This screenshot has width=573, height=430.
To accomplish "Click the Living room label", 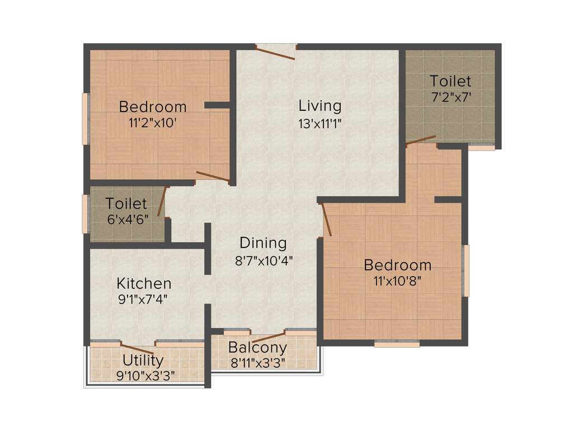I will [x=320, y=105].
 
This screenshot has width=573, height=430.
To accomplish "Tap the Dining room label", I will [x=263, y=243].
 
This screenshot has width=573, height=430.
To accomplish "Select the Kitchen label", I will [x=144, y=283].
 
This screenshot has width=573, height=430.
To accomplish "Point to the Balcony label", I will [x=257, y=348].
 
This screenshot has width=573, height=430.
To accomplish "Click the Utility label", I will [x=143, y=360].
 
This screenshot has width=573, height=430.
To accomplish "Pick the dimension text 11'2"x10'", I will [x=153, y=123].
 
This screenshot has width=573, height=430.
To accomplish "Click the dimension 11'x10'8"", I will [x=397, y=281].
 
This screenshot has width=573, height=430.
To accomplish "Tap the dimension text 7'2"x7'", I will [x=450, y=96].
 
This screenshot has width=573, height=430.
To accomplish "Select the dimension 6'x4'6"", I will [x=126, y=219].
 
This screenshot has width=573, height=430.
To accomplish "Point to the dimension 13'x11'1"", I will [x=320, y=123].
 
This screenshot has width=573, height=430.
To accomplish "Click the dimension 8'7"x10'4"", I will [x=263, y=260].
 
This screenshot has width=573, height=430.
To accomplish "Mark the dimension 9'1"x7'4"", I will [x=144, y=300].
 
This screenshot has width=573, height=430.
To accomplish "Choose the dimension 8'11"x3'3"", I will [x=257, y=363].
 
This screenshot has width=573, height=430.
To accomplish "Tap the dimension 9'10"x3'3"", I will [x=143, y=375].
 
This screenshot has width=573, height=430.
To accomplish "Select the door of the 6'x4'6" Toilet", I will [x=162, y=202].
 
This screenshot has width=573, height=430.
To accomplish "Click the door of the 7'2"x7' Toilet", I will [x=421, y=139].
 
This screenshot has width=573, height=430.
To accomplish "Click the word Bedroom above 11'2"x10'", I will [x=153, y=106].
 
